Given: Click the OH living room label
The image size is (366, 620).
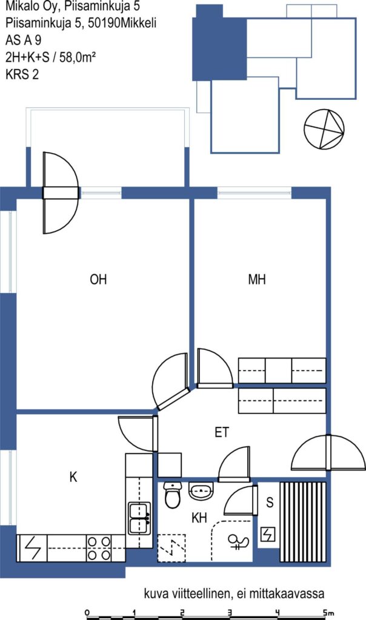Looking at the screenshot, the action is [98, 280].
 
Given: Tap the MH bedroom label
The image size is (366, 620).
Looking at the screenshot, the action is [257, 280].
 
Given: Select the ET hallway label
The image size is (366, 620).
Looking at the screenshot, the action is [222, 432].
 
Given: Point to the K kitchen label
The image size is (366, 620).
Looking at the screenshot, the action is [73, 477].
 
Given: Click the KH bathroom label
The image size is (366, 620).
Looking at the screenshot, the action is [199, 518].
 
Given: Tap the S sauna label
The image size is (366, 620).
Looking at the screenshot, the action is [270, 502].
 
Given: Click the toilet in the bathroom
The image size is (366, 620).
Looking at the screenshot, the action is [172, 495].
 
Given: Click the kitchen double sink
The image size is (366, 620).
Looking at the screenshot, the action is [139, 518].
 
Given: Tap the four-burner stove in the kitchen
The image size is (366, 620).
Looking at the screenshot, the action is [99, 547].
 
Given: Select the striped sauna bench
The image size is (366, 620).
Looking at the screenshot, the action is [303, 521].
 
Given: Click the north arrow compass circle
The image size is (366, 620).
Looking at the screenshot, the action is [324, 129].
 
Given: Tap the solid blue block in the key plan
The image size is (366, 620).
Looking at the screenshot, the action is [219, 43].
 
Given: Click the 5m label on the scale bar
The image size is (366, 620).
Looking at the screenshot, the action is [328, 612].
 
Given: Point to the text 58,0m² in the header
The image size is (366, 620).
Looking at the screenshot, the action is [78, 58].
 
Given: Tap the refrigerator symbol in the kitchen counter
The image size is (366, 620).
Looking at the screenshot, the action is [32, 547].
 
